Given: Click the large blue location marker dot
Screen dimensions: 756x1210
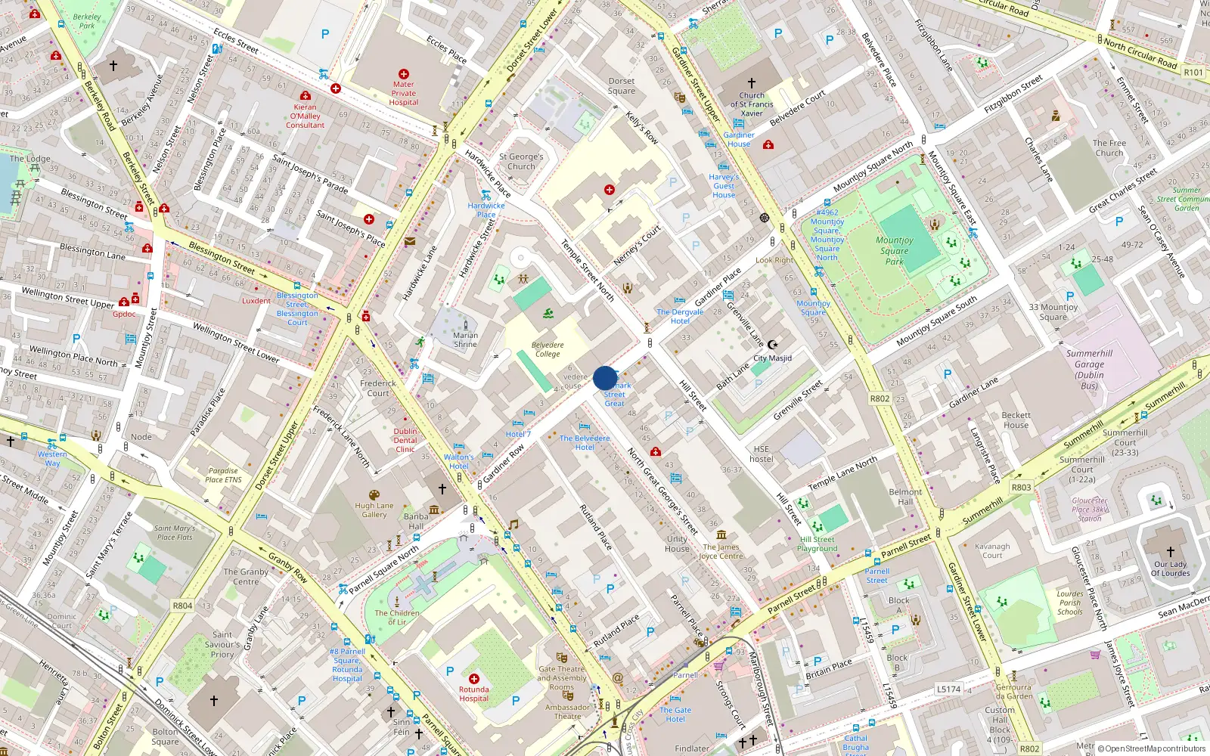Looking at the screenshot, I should pos(605,378).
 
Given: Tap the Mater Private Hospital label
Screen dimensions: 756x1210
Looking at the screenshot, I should pos(403,94).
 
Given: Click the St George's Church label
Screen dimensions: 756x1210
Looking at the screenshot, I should pos(521,162).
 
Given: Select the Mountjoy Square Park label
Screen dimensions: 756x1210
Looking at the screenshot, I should pos(895,251).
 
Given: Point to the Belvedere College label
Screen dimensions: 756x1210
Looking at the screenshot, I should pos(548,349).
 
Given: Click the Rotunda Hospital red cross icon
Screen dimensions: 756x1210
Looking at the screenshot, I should pos(474,679).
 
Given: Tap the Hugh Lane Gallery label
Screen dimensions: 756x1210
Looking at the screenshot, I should pos(374,510).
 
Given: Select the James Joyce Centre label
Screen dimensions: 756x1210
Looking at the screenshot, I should pos(721,551).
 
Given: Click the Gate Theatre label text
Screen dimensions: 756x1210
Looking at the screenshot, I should pos(562,673).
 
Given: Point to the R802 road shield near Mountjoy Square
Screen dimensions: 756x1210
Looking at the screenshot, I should pos(880,398).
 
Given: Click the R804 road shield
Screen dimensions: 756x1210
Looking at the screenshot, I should pos(182,606).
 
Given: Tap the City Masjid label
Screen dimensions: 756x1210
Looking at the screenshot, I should pos(772,358).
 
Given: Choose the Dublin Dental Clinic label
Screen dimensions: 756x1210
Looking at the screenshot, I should pos(405,440).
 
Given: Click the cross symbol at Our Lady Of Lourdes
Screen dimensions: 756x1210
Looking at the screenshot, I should pos(1170,552).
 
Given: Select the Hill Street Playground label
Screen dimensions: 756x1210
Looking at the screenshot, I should pos(817,544).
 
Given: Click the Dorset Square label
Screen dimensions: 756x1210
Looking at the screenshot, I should pos(622,86).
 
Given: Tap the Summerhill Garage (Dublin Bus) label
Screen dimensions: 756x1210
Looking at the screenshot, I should pos(1089,370).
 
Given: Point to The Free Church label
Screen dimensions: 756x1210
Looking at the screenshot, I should pos(1109,148).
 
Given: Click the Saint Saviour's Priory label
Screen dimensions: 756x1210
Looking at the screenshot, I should pos(222,645).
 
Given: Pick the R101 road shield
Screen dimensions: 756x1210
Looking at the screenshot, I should pos(1193,73).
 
